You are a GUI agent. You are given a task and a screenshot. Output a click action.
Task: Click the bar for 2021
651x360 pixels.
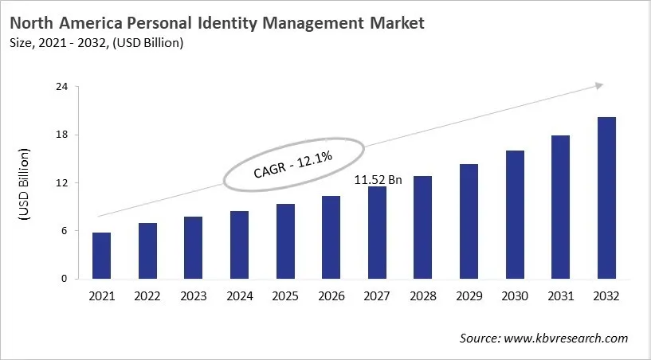pos(101,256)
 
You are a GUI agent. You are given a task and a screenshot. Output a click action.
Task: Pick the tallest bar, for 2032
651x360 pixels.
pos(606,198)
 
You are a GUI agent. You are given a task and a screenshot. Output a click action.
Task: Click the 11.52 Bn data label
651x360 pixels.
pos(378,180)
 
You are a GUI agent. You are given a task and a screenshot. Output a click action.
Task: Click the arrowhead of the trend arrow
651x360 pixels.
pos(599,84)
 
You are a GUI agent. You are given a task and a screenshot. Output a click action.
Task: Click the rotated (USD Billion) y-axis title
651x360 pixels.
pos(24,183)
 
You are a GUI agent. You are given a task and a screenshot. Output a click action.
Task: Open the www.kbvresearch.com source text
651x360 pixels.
pos(569,338)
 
